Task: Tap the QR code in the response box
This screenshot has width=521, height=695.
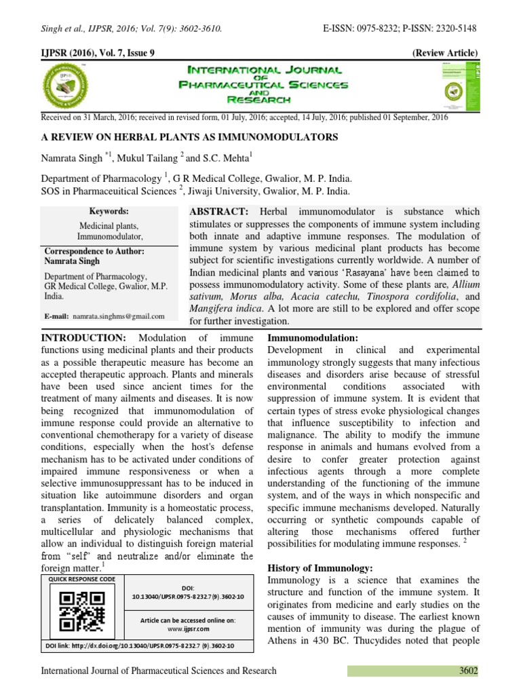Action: pyautogui.click(x=82, y=610)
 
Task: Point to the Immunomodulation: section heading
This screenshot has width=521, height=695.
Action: pyautogui.click(x=313, y=337)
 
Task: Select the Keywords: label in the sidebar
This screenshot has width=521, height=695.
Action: pyautogui.click(x=109, y=211)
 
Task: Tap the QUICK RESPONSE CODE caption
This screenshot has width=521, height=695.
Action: pyautogui.click(x=79, y=579)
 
